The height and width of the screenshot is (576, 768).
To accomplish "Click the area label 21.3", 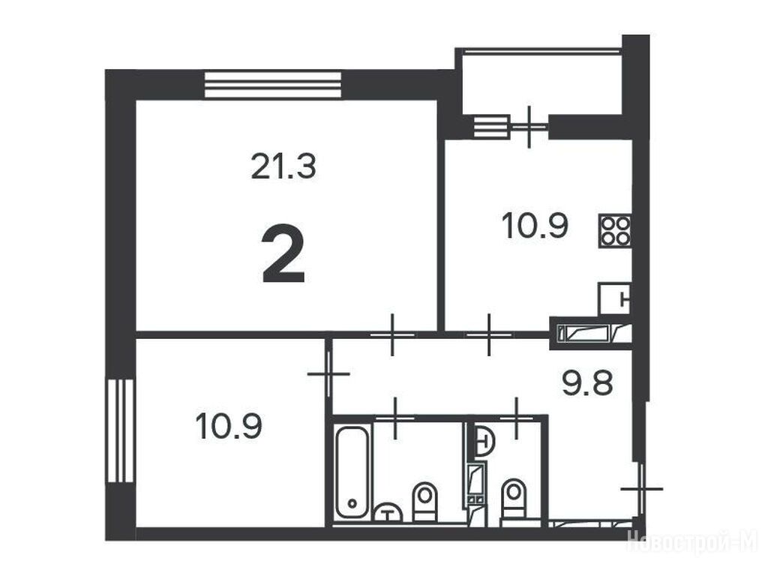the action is pyautogui.click(x=283, y=166).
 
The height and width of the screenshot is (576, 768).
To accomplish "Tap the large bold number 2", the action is pyautogui.click(x=283, y=254).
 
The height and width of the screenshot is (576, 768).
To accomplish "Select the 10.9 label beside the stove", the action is pyautogui.click(x=535, y=226).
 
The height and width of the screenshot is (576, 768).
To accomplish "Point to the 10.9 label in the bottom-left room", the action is pyautogui.click(x=229, y=426).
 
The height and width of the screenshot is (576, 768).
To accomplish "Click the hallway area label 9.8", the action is pyautogui.click(x=587, y=382).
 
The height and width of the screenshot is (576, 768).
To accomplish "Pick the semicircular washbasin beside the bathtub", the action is pyautogui.click(x=388, y=511).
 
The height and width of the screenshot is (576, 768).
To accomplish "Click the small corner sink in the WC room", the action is pyautogui.click(x=484, y=442).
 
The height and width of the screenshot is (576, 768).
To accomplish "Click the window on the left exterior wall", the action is pyautogui.click(x=120, y=430).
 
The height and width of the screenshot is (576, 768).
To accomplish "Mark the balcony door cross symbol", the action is pyautogui.click(x=529, y=126).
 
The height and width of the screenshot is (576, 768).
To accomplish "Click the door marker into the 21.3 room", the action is pyautogui.click(x=392, y=335).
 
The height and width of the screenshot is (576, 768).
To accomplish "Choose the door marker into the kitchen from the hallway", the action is pyautogui.click(x=489, y=335).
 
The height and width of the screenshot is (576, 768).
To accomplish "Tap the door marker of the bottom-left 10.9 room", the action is pyautogui.click(x=328, y=373).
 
